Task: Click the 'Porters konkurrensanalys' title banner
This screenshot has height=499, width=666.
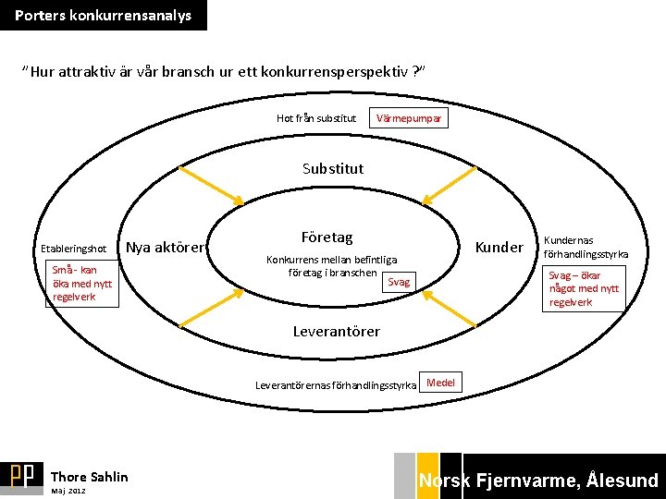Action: click(x=104, y=16)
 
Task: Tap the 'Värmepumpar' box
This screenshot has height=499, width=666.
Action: click(x=408, y=118)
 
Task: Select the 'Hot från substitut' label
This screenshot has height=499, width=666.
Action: click(x=316, y=118)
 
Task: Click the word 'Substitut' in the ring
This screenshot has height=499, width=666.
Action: click(x=333, y=169)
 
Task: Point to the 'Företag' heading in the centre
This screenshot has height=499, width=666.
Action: click(x=327, y=237)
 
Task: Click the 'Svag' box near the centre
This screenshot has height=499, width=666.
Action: click(x=399, y=282)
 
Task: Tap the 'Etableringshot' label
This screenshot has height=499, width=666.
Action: click(x=74, y=249)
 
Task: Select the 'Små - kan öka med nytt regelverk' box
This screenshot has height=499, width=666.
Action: click(x=82, y=284)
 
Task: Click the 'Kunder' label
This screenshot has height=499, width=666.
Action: click(x=499, y=247)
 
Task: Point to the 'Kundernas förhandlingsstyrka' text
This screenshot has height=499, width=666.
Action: click(x=586, y=247)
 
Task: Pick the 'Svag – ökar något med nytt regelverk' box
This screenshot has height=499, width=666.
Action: click(x=583, y=288)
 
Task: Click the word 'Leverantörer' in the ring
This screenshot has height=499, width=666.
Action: click(x=336, y=331)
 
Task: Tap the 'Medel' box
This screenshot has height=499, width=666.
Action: click(x=440, y=383)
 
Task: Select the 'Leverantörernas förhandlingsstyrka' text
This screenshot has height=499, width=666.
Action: click(x=336, y=384)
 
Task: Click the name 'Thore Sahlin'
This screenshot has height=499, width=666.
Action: click(x=90, y=477)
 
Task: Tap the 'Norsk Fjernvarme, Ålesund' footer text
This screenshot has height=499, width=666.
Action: click(x=538, y=480)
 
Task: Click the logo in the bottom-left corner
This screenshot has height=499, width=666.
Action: click(x=22, y=476)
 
